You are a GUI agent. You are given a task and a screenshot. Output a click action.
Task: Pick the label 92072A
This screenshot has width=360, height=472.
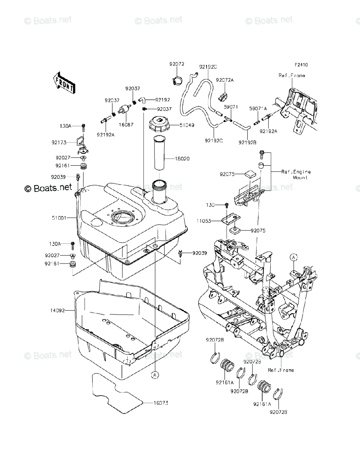point(225,80)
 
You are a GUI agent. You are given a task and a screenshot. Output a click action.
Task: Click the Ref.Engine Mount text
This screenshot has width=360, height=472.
point(296,174)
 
